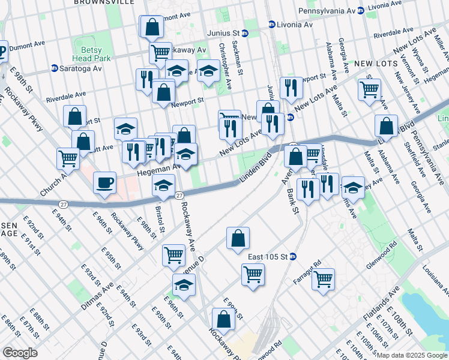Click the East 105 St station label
point(268,257)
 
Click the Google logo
point(20,353)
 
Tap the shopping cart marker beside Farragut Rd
point(323,278)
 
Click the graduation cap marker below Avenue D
point(184,284)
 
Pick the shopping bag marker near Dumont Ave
point(152,26)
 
